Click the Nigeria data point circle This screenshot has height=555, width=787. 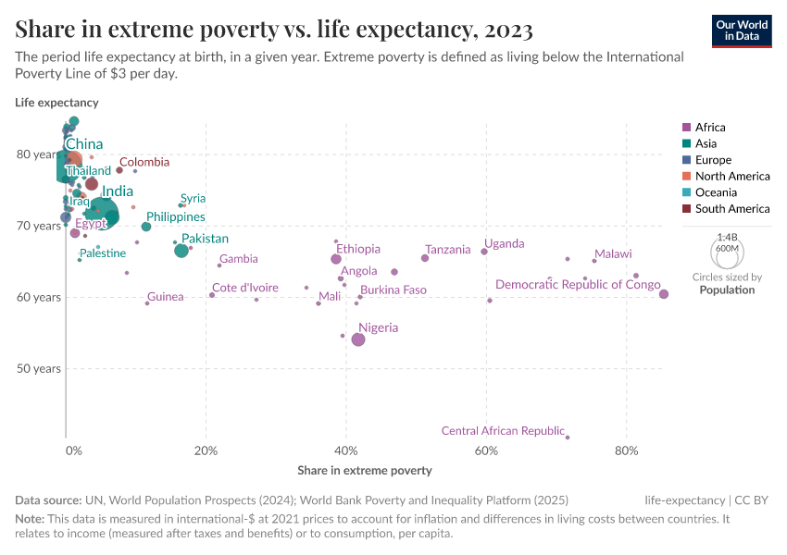pos(358,339)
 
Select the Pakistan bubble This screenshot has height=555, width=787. pos(181,251)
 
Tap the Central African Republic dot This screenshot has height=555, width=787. pos(568,438)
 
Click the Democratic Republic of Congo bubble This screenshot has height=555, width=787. pos(664,294)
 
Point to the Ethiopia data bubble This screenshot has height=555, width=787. pos(336,259)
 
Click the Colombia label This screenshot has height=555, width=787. pos(144,162)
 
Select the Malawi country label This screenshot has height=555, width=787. pos(613,253)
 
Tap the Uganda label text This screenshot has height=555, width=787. pos(505,243)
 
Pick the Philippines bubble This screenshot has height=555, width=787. pos(146,227)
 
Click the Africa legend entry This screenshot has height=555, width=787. pos(710,128)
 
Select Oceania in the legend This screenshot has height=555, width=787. pos(716,192)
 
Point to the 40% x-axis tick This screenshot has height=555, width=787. pos(346,451)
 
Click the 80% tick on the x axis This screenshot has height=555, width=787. pos(627,451)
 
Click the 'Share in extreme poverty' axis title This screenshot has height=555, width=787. pos(365,471)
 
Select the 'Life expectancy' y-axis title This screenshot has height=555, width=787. pos(56,103)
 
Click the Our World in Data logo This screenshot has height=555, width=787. pos(743,31)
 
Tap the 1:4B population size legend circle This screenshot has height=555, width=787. pos(728,252)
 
